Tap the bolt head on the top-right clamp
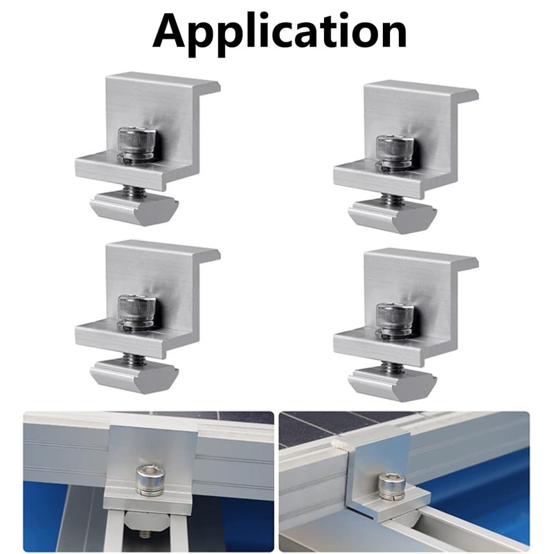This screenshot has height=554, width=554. (x=394, y=148)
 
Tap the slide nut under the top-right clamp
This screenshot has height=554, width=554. (x=393, y=216)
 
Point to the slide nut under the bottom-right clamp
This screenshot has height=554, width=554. (x=393, y=384)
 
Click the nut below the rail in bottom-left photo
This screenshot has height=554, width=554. (x=146, y=533)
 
